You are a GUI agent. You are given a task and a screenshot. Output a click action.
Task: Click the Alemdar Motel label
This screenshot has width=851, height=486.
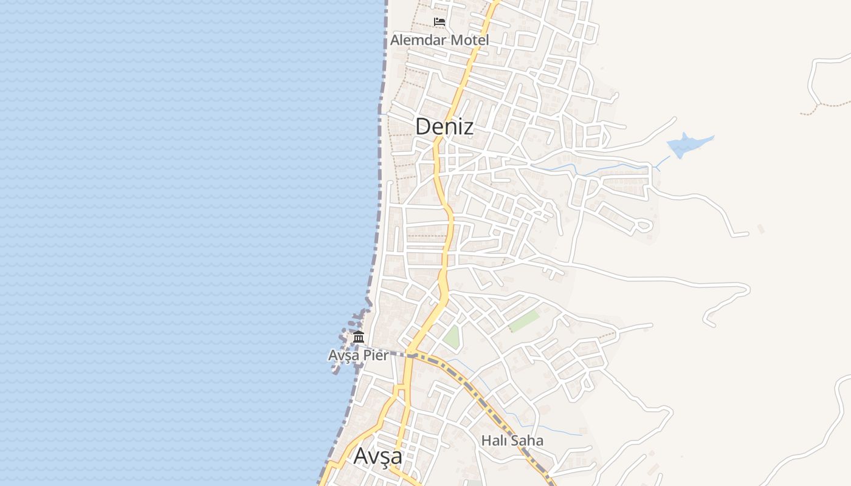[x=439, y=40]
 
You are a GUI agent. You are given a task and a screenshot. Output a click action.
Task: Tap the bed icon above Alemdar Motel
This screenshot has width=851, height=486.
[x=439, y=22]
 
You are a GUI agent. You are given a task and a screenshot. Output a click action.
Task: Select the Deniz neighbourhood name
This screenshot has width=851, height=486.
[x=444, y=126]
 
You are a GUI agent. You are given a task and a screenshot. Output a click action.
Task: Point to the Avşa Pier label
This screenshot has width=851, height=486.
[x=358, y=355]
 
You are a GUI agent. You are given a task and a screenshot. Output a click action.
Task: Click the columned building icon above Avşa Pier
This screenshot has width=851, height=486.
[x=359, y=337]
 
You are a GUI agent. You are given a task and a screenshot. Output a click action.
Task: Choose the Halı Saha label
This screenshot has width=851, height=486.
[x=512, y=440]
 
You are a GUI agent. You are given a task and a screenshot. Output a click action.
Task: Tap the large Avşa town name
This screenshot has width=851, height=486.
[x=377, y=456]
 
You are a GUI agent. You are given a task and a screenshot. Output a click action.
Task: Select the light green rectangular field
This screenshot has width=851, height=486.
[x=524, y=321]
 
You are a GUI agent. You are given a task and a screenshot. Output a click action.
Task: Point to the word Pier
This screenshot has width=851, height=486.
[x=376, y=355]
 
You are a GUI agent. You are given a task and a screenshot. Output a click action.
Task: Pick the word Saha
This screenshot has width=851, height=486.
[x=526, y=440]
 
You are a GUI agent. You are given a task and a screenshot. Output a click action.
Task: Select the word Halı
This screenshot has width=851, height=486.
[x=494, y=440]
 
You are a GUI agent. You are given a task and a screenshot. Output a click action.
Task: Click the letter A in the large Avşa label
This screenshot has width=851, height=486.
[x=361, y=456]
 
